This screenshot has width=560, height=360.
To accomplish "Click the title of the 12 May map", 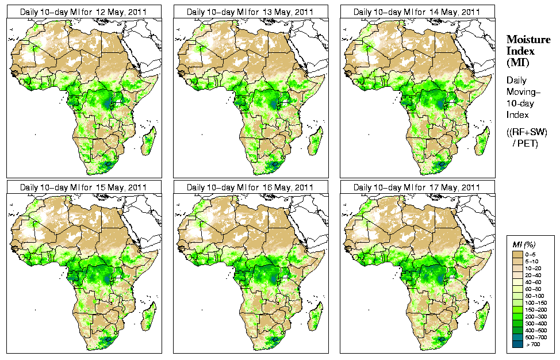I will coord(83,12).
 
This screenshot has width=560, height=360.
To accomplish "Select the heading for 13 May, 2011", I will coord(250,12).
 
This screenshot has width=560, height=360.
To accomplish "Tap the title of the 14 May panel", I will coord(417,12).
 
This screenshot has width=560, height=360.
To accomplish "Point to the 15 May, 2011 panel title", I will coord(83,187).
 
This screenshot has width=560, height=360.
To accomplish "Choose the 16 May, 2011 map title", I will coord(250,187).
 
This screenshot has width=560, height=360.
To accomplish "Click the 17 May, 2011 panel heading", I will coord(417,187).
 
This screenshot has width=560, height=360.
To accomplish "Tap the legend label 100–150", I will coord(538,302).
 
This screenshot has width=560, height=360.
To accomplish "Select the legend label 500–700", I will coord(538,336).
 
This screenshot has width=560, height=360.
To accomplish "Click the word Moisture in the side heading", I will coord(528,39).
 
